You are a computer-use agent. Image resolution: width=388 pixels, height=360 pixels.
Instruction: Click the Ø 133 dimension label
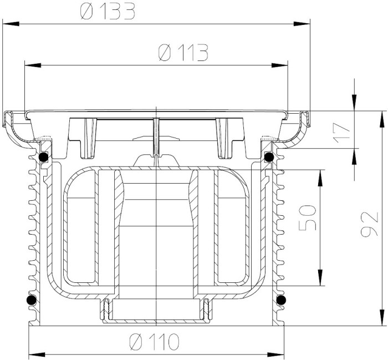point(108,11)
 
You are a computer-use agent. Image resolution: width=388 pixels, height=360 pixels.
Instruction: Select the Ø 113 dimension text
point(183,53)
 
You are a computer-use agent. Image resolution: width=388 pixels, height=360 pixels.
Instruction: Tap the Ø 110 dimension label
point(154,342)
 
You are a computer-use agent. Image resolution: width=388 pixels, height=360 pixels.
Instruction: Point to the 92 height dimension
point(369,224)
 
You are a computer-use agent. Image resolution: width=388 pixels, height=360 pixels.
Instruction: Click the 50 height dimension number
point(308,217)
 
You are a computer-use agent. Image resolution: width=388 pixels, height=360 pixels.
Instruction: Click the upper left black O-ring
point(44,157)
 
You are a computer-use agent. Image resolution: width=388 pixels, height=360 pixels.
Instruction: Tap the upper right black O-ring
point(269,157)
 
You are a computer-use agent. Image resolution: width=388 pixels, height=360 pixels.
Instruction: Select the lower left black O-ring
point(32,300)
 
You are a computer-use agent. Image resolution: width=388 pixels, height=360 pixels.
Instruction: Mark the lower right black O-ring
point(281,300)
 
